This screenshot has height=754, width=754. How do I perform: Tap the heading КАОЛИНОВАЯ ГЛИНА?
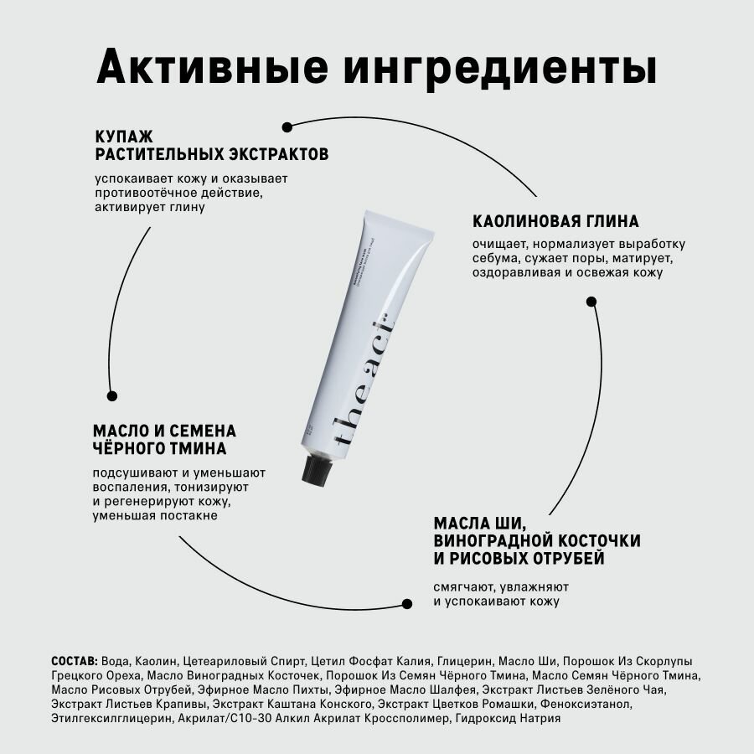pos(555,222)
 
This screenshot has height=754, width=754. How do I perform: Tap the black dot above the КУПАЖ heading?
pos(287,127)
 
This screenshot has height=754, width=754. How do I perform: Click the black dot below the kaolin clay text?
pos(591,301)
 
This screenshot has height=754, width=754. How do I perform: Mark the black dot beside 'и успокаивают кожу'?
pos(408,602)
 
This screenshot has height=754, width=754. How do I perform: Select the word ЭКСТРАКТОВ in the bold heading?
pos(278,155)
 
